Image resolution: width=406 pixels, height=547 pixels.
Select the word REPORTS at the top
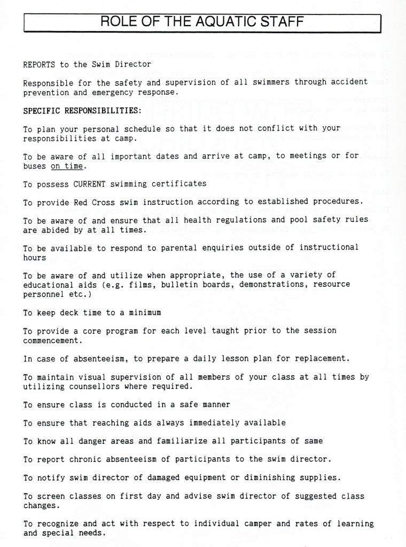coord(39,64)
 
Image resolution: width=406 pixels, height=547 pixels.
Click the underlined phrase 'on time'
coord(67,166)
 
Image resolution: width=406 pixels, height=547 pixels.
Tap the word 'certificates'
coord(179,183)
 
